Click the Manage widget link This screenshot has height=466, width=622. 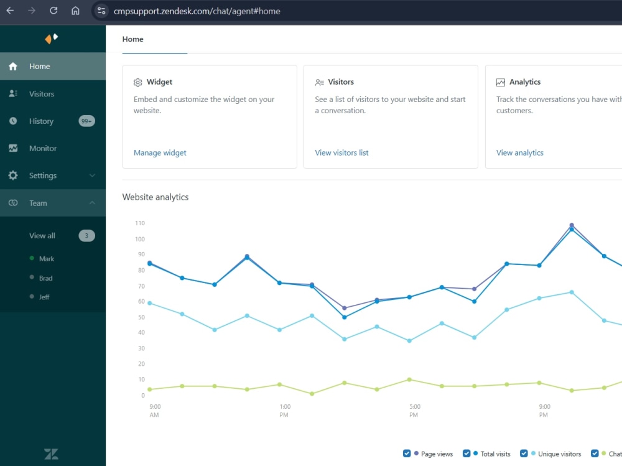pyautogui.click(x=160, y=153)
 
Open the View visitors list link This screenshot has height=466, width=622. pyautogui.click(x=341, y=153)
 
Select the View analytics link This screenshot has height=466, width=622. pyautogui.click(x=519, y=153)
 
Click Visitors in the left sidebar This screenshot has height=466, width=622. pyautogui.click(x=42, y=94)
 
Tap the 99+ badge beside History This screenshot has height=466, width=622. pyautogui.click(x=86, y=121)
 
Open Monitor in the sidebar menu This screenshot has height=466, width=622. pyautogui.click(x=43, y=148)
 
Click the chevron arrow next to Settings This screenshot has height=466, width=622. pyautogui.click(x=92, y=175)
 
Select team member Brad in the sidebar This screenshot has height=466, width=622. pyautogui.click(x=45, y=278)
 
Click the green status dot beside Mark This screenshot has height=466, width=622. pyautogui.click(x=32, y=258)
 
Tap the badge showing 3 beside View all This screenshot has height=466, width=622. pyautogui.click(x=86, y=236)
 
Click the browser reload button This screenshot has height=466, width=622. pyautogui.click(x=53, y=11)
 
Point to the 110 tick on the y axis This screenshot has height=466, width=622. pyautogui.click(x=139, y=223)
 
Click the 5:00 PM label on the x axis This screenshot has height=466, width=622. pyautogui.click(x=414, y=411)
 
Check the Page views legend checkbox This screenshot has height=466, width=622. pyautogui.click(x=407, y=454)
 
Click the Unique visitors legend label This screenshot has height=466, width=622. pyautogui.click(x=559, y=454)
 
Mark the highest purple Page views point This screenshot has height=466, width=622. pyautogui.click(x=572, y=225)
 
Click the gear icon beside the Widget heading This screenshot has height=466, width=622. pyautogui.click(x=137, y=82)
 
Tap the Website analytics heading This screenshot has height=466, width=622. pyautogui.click(x=155, y=197)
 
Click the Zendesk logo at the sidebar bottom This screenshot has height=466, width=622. pyautogui.click(x=51, y=454)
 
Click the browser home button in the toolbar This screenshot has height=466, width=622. pyautogui.click(x=75, y=11)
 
